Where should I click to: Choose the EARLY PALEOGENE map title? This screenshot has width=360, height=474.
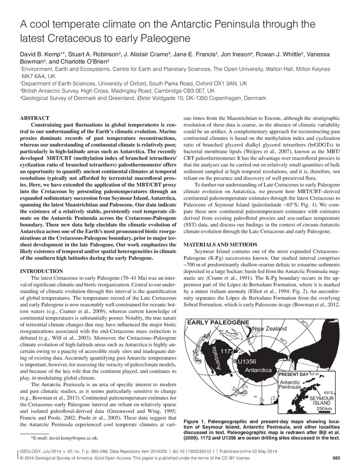coord(219,322)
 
